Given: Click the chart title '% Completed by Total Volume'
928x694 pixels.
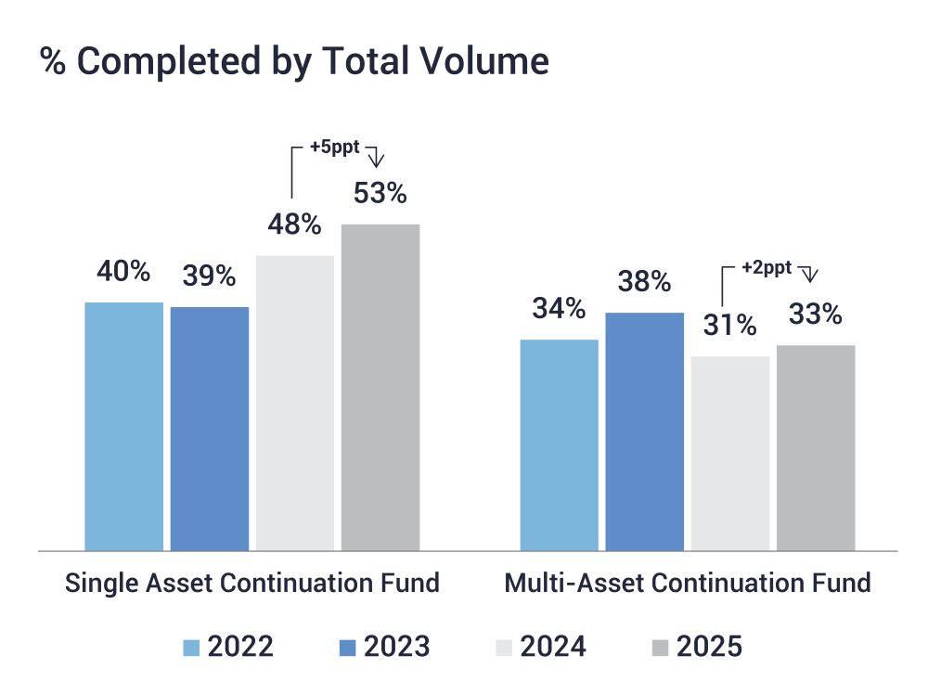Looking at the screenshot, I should point(294,61).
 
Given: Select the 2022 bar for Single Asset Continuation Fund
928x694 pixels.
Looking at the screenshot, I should point(123,426).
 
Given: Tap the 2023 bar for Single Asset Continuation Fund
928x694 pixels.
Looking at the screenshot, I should point(210,428).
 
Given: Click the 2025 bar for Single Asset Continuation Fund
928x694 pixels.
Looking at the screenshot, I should point(380,387).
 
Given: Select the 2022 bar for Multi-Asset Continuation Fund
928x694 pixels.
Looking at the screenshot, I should point(559,444).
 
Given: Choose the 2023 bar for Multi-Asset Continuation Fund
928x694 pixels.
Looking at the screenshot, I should point(644,431).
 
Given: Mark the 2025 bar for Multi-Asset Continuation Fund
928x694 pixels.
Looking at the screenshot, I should point(816,447).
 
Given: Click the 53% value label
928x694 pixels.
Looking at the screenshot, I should point(380,194).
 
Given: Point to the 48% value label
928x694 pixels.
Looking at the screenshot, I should point(295,225).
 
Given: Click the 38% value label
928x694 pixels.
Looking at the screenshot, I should point(644,281).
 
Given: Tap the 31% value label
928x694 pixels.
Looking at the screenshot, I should point(730,326).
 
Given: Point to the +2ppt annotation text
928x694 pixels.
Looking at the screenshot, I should point(767,267).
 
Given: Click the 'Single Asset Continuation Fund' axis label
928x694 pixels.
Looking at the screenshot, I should point(251,584).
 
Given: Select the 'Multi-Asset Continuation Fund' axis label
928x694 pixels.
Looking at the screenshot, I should point(688,584).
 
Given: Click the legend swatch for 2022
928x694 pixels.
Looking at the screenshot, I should point(192,647).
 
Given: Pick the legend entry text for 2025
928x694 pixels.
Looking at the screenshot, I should point(710,647).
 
